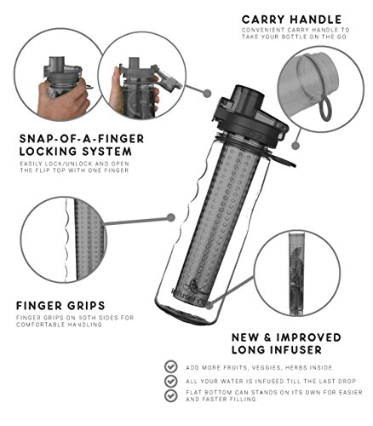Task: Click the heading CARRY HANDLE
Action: click(291, 20)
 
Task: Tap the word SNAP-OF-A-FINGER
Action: click(82, 139)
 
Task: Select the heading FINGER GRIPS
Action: click(60, 306)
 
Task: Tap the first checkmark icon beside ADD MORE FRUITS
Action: click(171, 366)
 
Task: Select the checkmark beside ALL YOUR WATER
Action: click(171, 381)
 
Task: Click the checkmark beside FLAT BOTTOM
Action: click(171, 395)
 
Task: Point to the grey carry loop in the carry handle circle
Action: click(324, 108)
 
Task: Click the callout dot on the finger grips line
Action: click(171, 217)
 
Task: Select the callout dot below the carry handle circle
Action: click(296, 146)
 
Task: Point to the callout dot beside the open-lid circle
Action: click(208, 93)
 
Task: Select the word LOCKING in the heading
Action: click(48, 152)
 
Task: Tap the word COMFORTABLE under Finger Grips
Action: click(40, 325)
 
